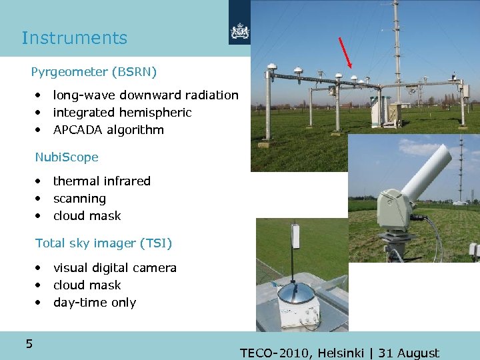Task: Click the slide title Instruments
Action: click(x=74, y=38)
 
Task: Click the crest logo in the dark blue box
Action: click(x=239, y=31)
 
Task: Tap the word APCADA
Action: click(x=76, y=130)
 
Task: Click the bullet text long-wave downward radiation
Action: click(x=145, y=95)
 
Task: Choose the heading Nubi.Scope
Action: click(x=67, y=157)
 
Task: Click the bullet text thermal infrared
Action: click(x=101, y=181)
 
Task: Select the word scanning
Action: click(x=79, y=199)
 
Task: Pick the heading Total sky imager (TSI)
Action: click(x=103, y=243)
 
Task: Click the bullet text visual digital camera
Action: click(x=115, y=268)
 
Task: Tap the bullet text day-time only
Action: click(x=95, y=303)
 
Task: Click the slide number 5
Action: click(x=29, y=344)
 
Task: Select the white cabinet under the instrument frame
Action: click(x=381, y=110)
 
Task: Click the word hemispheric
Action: click(x=156, y=113)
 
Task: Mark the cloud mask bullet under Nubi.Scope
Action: click(x=87, y=216)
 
